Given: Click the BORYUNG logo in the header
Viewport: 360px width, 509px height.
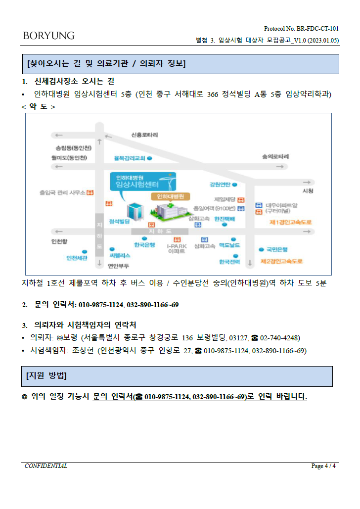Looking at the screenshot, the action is click(x=48, y=36).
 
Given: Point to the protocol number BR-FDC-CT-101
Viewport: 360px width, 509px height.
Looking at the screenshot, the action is click(x=317, y=29).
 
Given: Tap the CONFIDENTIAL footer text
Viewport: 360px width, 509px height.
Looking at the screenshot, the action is click(x=46, y=466).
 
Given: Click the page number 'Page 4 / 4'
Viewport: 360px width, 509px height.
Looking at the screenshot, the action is click(x=323, y=466).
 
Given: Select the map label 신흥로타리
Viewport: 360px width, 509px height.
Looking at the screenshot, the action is click(x=144, y=135).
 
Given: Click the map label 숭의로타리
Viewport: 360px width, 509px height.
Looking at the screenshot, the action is click(x=275, y=156).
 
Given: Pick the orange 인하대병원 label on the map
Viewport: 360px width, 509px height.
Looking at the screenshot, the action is click(x=171, y=196).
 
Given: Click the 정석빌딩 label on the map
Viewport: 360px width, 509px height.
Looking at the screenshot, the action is click(x=119, y=222).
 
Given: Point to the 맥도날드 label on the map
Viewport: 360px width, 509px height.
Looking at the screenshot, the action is click(x=229, y=245).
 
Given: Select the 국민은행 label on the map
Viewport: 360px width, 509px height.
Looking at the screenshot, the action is click(x=277, y=249).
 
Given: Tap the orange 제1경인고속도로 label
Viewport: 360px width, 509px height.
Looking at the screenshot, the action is click(x=291, y=222).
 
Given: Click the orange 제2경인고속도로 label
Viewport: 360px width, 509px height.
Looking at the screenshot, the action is click(x=281, y=261).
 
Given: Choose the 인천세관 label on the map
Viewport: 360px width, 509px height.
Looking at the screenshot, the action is click(x=77, y=258).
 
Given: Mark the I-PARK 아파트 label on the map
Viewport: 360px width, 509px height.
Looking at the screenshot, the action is click(x=177, y=249).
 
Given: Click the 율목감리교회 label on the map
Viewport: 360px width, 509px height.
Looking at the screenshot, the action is click(x=129, y=158).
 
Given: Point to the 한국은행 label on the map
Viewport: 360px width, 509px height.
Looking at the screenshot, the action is click(x=144, y=245).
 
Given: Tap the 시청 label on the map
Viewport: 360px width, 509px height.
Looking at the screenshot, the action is click(x=308, y=191).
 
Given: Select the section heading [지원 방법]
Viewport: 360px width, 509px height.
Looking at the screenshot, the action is click(x=46, y=375).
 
